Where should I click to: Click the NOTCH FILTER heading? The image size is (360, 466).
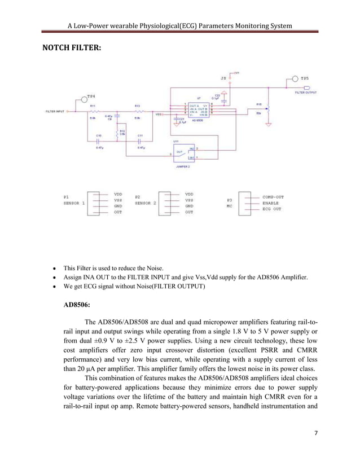[72, 49]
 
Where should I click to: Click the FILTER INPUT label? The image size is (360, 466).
[56, 112]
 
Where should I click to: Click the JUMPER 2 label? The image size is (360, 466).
[185, 167]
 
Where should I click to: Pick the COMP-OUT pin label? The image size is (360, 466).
[273, 197]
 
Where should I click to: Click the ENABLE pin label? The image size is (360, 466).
[271, 202]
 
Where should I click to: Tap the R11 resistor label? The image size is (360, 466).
[93, 105]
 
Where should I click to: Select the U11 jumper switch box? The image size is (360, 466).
[186, 153]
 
